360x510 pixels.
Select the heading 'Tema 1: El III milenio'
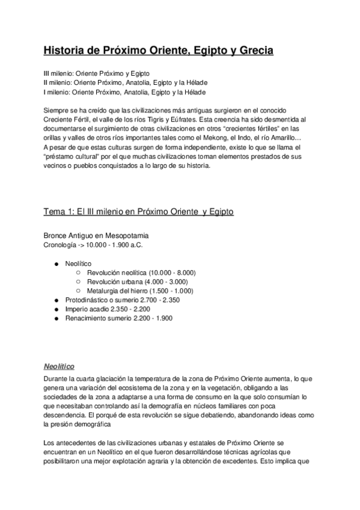pyautogui.click(x=139, y=212)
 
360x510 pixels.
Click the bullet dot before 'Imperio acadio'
pyautogui.click(x=56, y=309)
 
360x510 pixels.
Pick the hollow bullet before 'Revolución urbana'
pyautogui.click(x=78, y=281)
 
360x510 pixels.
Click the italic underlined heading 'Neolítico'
pyautogui.click(x=58, y=366)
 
